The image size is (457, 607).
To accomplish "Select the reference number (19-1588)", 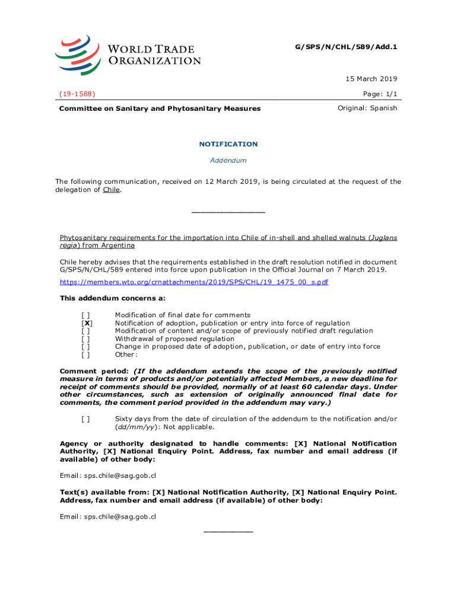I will (78, 94).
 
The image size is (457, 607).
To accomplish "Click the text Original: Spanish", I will (367, 108).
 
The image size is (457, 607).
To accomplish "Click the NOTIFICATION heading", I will (228, 144).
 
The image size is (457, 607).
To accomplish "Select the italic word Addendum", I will (228, 160).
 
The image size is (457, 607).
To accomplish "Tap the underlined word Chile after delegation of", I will (111, 190).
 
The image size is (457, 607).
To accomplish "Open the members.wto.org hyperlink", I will (194, 282).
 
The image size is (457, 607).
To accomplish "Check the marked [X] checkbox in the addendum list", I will (87, 323).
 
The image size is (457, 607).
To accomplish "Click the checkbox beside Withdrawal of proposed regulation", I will (87, 339).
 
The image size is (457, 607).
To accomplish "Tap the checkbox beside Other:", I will (87, 354).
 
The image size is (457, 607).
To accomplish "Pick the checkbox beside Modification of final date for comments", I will (87, 315).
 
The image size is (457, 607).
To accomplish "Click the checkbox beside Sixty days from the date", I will (87, 419).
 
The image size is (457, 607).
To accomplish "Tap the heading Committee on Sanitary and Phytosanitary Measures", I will (160, 108).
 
